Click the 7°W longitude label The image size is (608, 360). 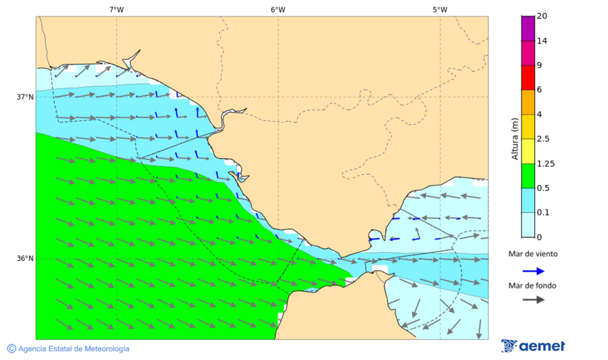coord(116,9)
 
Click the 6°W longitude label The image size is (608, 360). coord(278,9)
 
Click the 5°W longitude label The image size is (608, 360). coord(440,9)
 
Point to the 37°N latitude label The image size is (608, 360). coord(25,97)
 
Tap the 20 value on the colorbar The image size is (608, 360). coord(541,16)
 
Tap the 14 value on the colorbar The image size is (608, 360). coord(541,41)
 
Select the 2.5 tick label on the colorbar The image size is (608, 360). coord(542,138)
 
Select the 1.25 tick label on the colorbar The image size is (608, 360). coord(544,163)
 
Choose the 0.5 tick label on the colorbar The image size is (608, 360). coord(542,188)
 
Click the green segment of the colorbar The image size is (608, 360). coord(527,176)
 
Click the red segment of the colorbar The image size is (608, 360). coord(527,77)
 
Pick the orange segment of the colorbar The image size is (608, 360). coord(527,101)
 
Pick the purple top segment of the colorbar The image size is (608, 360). coord(527,28)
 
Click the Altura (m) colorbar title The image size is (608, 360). coord(515,138)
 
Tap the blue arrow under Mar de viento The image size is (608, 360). coord(533,271)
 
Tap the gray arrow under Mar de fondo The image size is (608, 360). coord(533,299)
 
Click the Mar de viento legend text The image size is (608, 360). coord(533,254)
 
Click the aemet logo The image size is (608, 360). coord(534,346)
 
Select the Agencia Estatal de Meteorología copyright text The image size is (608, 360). coord(68,349)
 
